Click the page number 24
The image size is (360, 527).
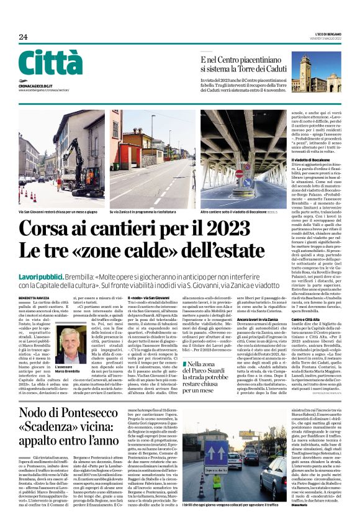tap(23, 37)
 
